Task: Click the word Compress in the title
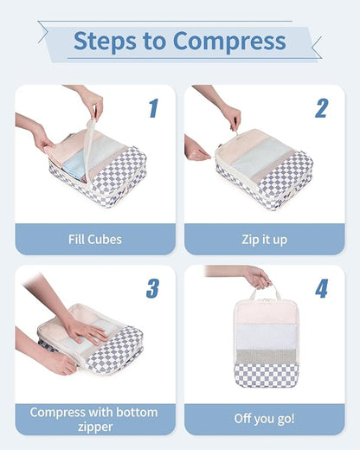229,41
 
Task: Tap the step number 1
153,108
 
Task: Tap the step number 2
321,108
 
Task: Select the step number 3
152,288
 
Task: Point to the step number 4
321,288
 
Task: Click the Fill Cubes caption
95,239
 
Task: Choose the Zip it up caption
264,239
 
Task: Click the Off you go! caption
264,419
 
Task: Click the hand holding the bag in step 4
256,278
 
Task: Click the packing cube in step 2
264,169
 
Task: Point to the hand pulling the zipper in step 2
230,114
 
